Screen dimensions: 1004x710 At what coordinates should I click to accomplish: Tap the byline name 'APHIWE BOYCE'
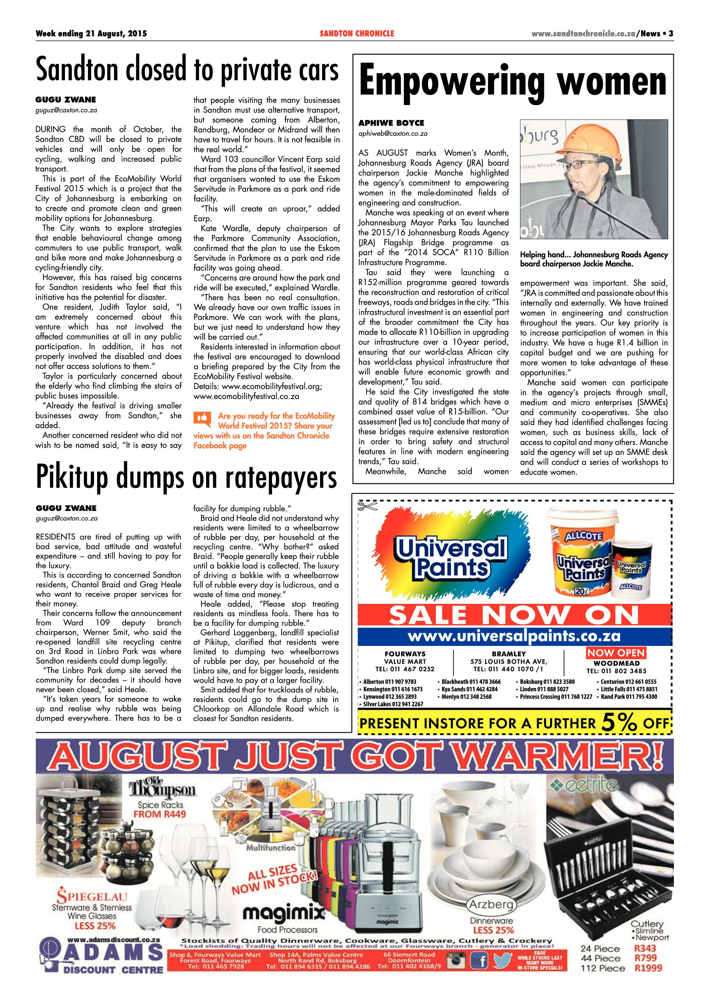[x=391, y=123]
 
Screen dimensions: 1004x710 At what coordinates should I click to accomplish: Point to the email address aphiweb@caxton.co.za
[x=392, y=134]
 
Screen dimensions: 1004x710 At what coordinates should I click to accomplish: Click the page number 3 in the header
[x=670, y=34]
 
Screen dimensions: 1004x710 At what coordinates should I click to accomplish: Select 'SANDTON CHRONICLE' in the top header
[x=357, y=34]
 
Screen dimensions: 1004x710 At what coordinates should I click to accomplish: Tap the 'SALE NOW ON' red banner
[x=514, y=616]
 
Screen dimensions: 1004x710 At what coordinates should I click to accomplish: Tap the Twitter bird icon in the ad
[x=501, y=961]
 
